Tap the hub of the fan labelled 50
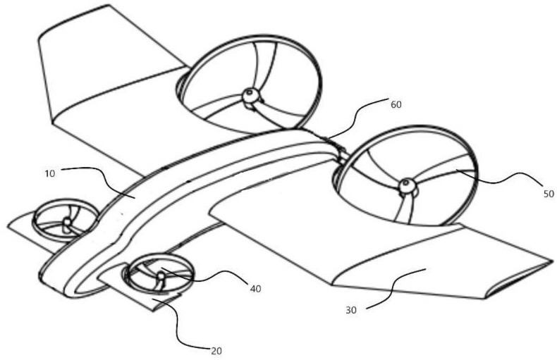[x=405, y=186]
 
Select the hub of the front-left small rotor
[x=67, y=223]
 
